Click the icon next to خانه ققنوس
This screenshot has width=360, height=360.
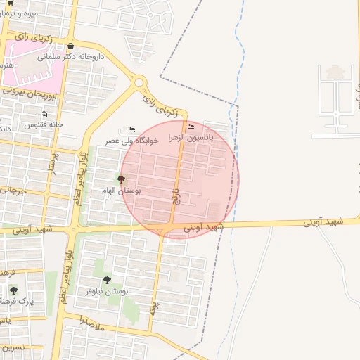pyautogui.click(x=44, y=115)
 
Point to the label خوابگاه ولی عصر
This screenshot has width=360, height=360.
pyautogui.click(x=132, y=141)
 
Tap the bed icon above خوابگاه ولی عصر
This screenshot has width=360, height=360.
pyautogui.click(x=131, y=130)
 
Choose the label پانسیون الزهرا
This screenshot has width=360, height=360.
pyautogui.click(x=191, y=137)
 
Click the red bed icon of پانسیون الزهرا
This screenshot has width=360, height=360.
pyautogui.click(x=191, y=127)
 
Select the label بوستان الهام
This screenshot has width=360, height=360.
pyautogui.click(x=122, y=191)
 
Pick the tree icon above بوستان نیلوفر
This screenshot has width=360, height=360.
pyautogui.click(x=107, y=281)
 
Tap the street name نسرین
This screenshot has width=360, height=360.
pyautogui.click(x=12, y=347)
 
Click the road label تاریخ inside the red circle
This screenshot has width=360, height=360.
pyautogui.click(x=176, y=195)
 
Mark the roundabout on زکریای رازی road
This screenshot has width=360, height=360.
pyautogui.click(x=139, y=82)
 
